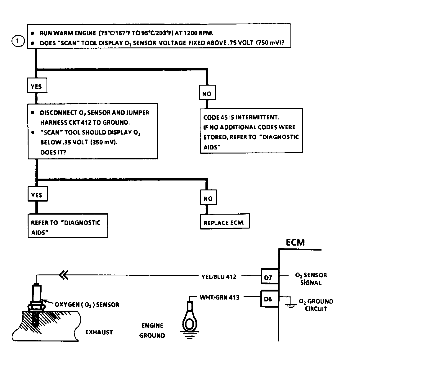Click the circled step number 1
coord(18,41)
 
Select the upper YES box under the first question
coord(37,85)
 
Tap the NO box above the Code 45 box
coord(207,92)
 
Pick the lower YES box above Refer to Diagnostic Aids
coord(38,194)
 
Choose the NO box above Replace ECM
coord(208,197)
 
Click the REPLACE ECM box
coord(225,221)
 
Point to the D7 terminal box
coord(270,276)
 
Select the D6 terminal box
coord(270,299)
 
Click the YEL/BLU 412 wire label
coord(219,276)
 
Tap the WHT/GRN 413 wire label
coord(220,297)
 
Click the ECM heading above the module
coord(295,243)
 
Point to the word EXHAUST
coord(99,332)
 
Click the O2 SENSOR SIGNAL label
coord(311,279)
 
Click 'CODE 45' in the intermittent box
coord(215,117)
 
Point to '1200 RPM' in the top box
coord(198,33)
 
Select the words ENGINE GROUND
coord(152,331)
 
